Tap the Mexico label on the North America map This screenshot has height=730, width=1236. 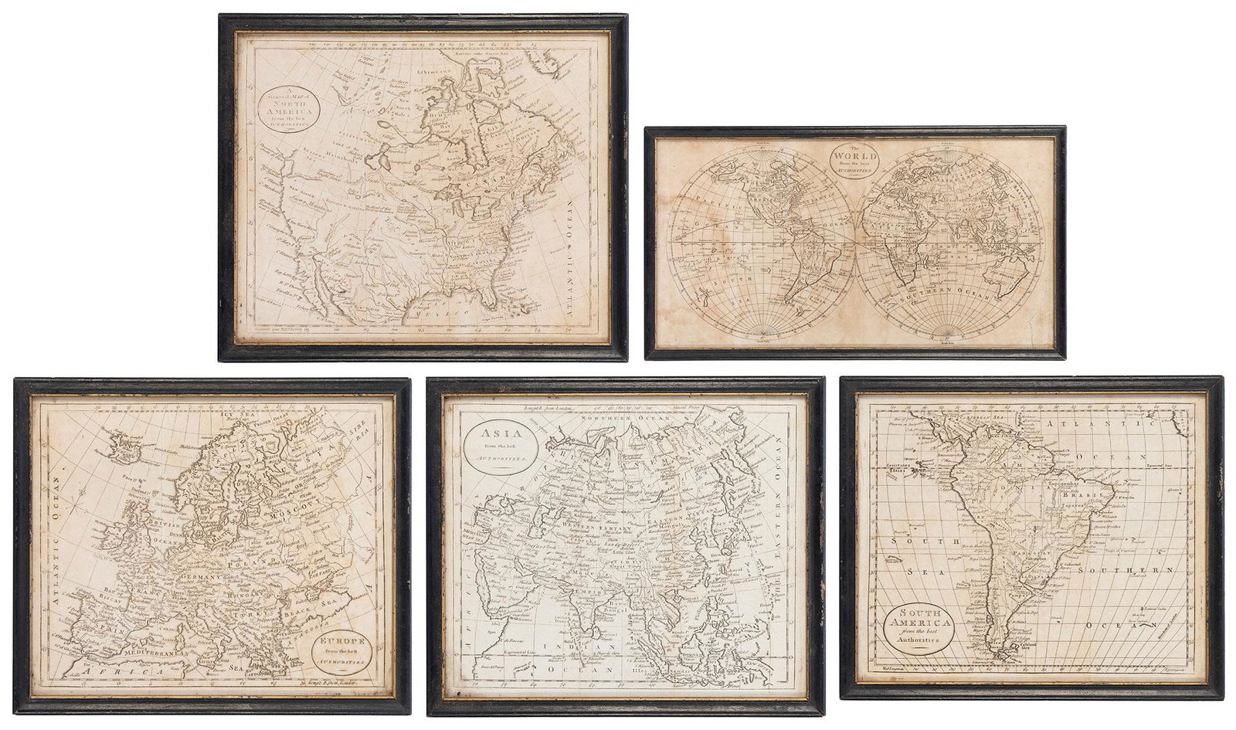448,311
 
